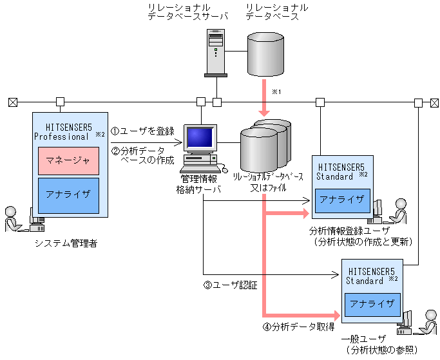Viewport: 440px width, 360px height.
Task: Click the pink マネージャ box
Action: [68, 160]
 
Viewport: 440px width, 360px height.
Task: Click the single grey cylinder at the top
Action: [266, 54]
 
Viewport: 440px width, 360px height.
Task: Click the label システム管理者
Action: [68, 243]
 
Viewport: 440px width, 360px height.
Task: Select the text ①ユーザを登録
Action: [143, 131]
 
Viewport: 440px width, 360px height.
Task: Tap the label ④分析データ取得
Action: [298, 327]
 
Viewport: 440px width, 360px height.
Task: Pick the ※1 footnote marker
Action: [278, 92]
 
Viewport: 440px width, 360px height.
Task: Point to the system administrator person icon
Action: [14, 220]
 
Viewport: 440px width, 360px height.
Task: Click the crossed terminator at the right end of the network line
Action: [434, 102]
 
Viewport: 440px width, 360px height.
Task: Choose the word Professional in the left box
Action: [61, 137]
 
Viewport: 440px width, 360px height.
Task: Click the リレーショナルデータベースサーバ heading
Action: [187, 12]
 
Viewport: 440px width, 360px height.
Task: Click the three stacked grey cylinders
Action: [264, 145]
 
